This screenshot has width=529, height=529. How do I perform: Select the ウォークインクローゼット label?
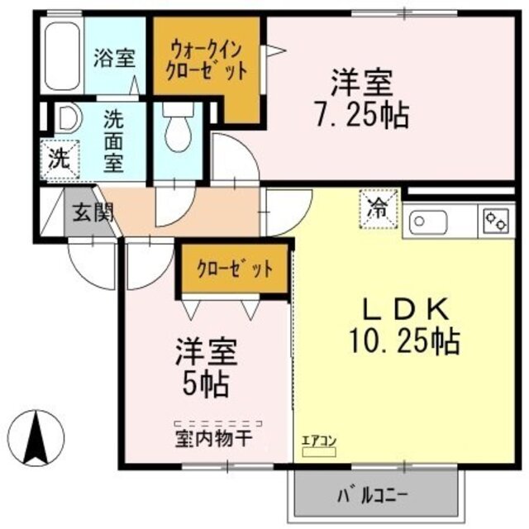pyautogui.click(x=208, y=59)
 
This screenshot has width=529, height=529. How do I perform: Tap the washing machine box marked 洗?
pyautogui.click(x=59, y=160)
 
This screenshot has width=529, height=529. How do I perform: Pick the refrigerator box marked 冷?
pyautogui.click(x=378, y=207)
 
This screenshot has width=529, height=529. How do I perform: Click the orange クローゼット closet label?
pyautogui.click(x=234, y=269)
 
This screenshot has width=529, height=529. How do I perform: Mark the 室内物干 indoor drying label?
pyautogui.click(x=212, y=436)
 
